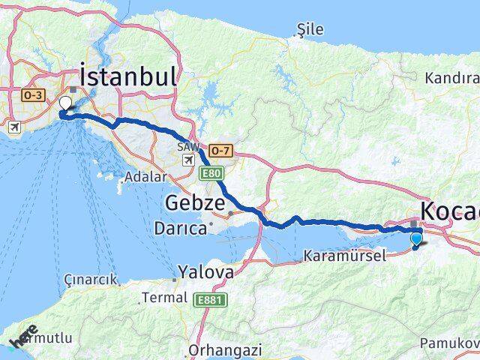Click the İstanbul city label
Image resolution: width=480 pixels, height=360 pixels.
128,76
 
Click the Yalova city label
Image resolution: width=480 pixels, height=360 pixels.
205,272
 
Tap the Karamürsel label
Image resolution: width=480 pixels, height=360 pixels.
345,256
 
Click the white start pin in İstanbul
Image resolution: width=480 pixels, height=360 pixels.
65,103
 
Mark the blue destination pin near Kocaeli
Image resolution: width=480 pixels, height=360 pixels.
417,239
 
